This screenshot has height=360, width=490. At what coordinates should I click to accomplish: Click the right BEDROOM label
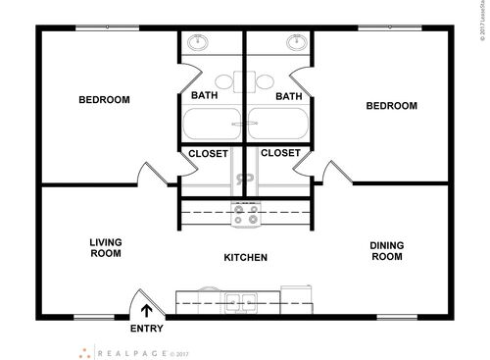pyautogui.click(x=392, y=106)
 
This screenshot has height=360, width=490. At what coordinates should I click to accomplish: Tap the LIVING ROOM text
pyautogui.click(x=105, y=247)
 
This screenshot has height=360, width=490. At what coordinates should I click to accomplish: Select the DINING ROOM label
pyautogui.click(x=386, y=251)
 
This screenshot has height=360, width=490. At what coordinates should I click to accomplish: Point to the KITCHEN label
pyautogui.click(x=245, y=258)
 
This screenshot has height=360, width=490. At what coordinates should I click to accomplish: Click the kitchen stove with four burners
pyautogui.click(x=244, y=214)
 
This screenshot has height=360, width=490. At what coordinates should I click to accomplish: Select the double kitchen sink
pyautogui.click(x=235, y=299)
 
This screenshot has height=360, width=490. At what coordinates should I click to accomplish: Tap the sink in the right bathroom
pyautogui.click(x=294, y=43)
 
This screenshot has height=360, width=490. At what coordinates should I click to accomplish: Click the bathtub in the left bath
pyautogui.click(x=211, y=126)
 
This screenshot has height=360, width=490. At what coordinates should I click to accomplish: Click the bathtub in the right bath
pyautogui.click(x=278, y=126)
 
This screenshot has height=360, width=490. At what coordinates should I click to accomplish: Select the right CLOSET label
pyautogui.click(x=280, y=154)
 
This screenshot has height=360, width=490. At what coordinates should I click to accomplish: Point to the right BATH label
pyautogui.click(x=288, y=96)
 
